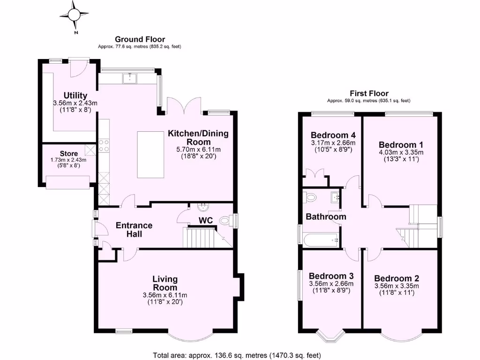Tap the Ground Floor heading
pos(140,39)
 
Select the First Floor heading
pos(369,93)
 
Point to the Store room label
pos(68,153)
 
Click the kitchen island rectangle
pos(151,155)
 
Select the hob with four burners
pos(104,145)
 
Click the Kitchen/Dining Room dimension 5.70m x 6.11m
pos(198,150)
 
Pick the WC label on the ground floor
pos(206,220)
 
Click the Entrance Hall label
pos(134,230)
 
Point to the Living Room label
pos(165,283)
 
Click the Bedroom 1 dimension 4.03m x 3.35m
pos(401,152)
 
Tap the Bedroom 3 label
pos(331,276)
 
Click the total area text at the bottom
pos(237,355)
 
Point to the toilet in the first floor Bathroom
pos(310,198)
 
